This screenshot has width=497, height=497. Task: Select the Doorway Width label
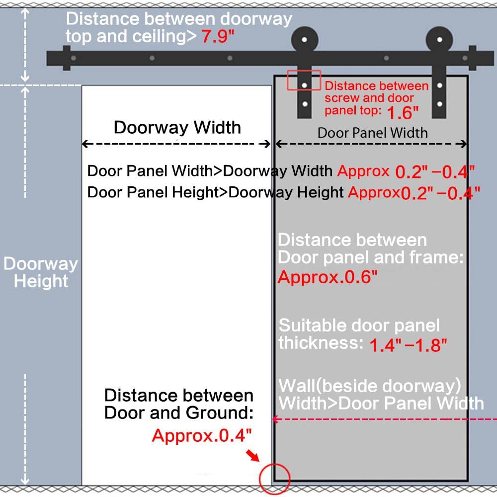(177, 127)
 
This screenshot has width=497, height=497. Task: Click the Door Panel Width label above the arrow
(372, 133)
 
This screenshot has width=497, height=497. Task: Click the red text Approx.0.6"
(328, 277)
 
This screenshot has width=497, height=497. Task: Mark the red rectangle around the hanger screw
(303, 81)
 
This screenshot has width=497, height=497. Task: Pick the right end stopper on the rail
(472, 58)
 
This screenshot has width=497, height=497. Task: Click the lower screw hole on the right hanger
(439, 104)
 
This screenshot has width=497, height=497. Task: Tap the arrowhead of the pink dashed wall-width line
(275, 419)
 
